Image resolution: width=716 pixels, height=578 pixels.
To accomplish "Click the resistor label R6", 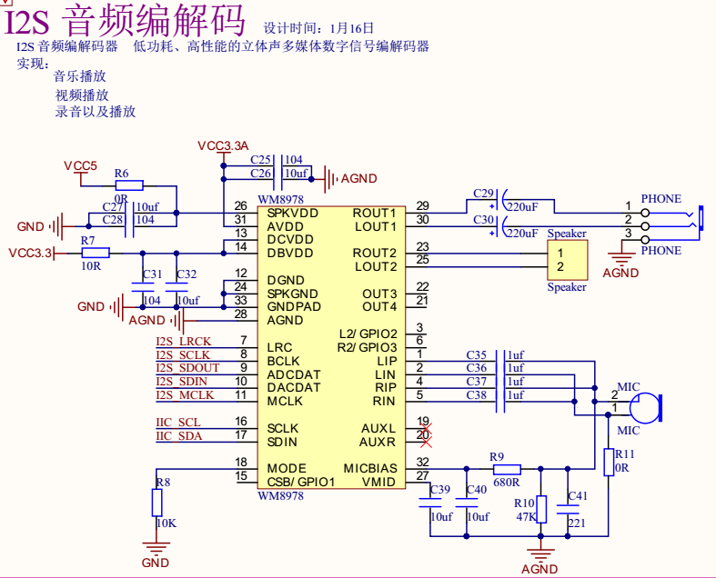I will click(x=122, y=174).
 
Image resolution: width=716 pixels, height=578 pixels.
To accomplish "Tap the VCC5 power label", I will click(x=80, y=165).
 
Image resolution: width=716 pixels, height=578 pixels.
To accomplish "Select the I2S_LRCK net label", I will click(x=183, y=341).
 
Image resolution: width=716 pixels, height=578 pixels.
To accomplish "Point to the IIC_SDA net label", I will click(x=178, y=436).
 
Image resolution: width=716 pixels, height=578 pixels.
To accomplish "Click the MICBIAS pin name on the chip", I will click(x=369, y=469).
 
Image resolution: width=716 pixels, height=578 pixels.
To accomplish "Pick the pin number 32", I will click(x=422, y=463).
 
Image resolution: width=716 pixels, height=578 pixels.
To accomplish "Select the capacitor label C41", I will click(x=578, y=496).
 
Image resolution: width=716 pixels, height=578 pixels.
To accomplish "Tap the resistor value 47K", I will click(x=525, y=516).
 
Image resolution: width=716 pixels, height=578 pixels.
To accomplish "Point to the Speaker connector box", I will click(x=567, y=260).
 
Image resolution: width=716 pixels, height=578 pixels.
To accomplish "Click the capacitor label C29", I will click(x=483, y=194).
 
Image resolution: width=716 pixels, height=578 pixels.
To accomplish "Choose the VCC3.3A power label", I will click(x=223, y=146).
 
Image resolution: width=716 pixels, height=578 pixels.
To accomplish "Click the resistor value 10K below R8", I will click(x=166, y=523).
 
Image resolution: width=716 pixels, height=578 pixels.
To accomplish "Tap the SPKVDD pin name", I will click(x=293, y=212).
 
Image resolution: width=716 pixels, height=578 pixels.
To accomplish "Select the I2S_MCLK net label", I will click(x=184, y=394).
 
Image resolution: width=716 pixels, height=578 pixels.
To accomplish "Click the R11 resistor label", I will click(x=625, y=453).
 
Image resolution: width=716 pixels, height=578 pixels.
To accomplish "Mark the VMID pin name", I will click(x=379, y=482).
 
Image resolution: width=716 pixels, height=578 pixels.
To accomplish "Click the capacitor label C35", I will click(x=477, y=354).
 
